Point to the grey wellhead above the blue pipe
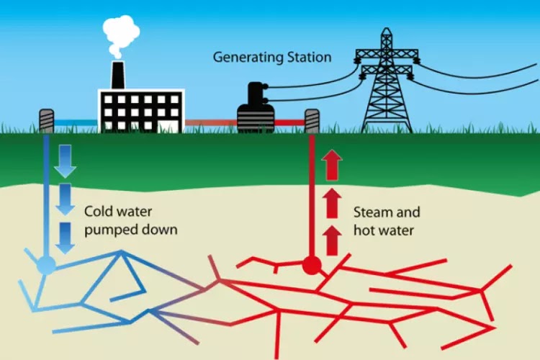[x=46, y=120]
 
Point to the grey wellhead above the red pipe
[x=312, y=121]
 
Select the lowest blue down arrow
[x=66, y=237]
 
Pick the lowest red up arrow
[x=332, y=240]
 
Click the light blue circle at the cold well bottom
[x=45, y=266]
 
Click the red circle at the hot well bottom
[x=311, y=266]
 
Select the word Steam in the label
[x=371, y=213]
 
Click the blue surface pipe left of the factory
[x=76, y=122]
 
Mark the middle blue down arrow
[x=66, y=198]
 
